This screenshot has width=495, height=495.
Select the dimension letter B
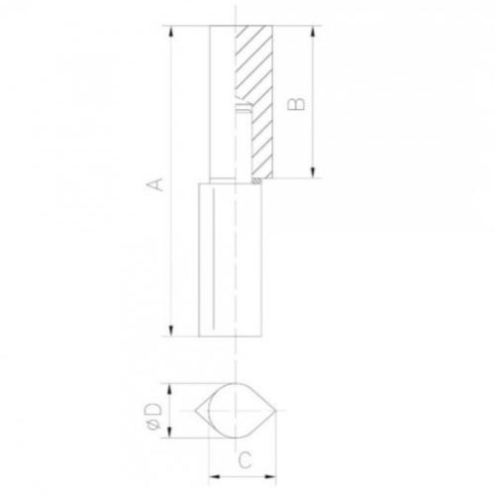point(296,104)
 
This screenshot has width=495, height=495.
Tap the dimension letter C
point(245,460)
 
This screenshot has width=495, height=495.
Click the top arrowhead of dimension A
point(171,32)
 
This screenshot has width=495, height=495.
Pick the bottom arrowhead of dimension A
point(171,331)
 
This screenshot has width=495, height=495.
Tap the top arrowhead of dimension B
point(313,32)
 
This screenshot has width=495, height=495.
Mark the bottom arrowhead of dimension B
point(313,172)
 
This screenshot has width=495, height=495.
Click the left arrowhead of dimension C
point(215,476)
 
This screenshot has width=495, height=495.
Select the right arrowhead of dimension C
point(270,476)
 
